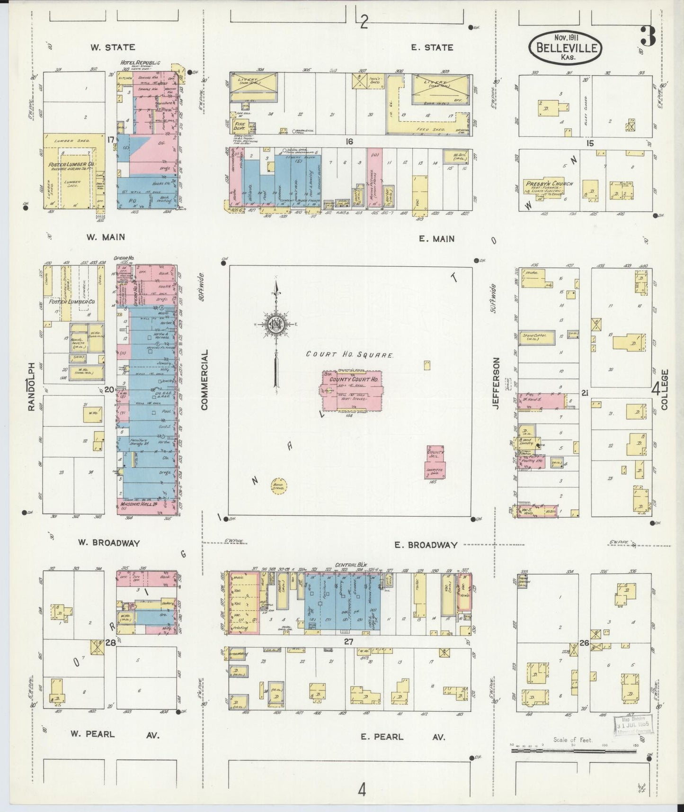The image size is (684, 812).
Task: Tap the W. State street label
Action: (113, 47)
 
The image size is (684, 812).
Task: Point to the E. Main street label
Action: (436, 239)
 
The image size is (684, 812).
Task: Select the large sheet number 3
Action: (647, 37)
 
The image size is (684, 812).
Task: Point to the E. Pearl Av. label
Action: (402, 737)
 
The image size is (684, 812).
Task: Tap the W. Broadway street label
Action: (109, 543)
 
